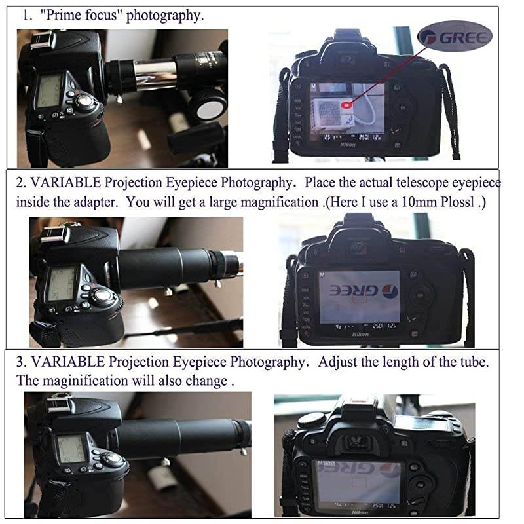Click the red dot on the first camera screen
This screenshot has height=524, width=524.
[x=345, y=103]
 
